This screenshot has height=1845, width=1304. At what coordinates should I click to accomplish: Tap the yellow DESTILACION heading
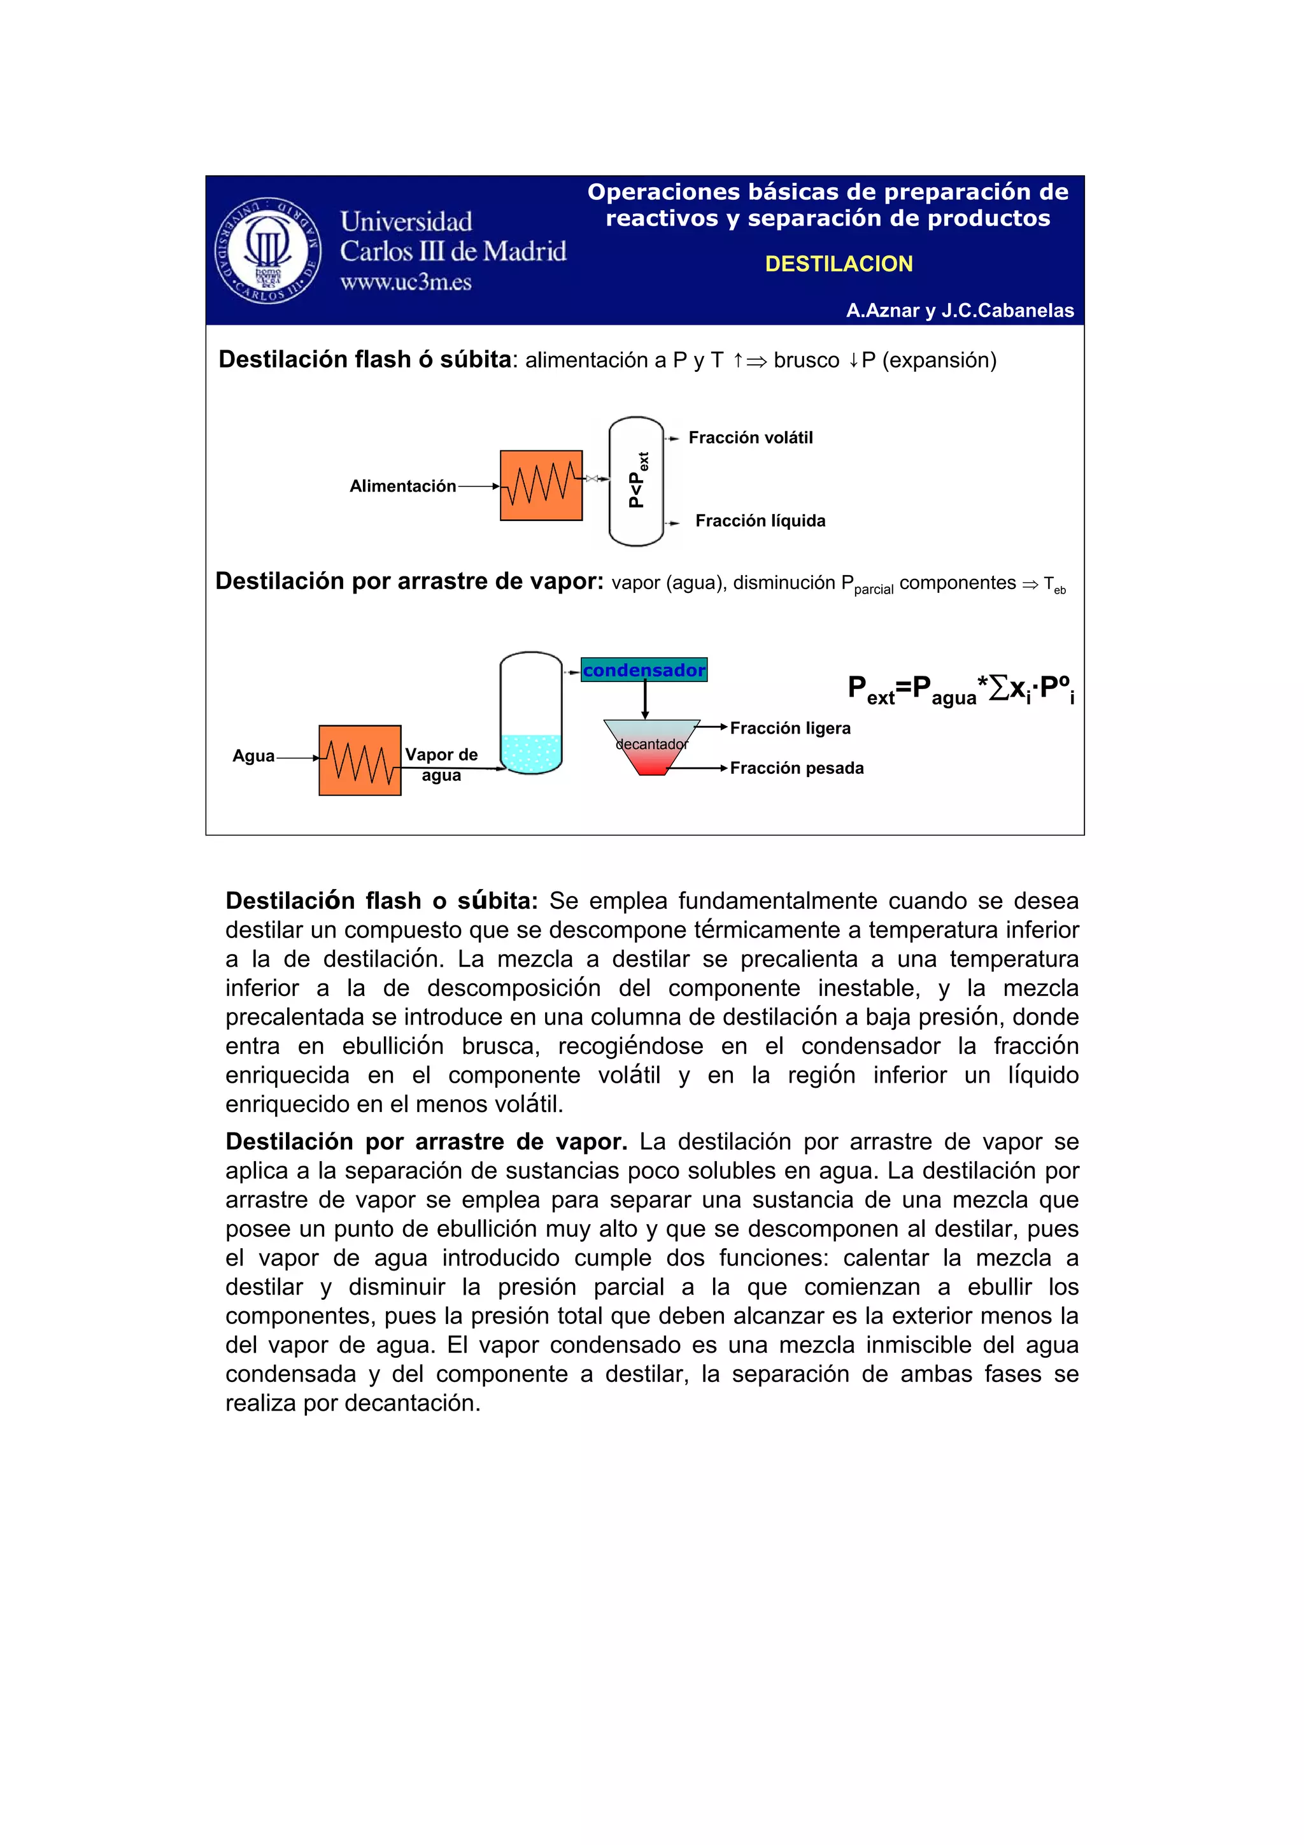click(x=838, y=264)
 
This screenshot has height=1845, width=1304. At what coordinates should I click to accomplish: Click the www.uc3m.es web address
click(x=406, y=282)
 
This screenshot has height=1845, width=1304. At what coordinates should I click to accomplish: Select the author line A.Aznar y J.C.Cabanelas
click(x=960, y=310)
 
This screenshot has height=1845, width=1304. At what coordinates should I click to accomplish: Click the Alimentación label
click(x=402, y=485)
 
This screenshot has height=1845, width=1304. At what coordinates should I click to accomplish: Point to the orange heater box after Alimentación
click(x=541, y=485)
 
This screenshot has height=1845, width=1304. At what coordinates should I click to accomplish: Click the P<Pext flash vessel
click(x=636, y=481)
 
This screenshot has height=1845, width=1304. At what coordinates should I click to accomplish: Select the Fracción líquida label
click(x=760, y=521)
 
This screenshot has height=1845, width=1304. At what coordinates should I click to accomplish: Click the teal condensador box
click(x=644, y=669)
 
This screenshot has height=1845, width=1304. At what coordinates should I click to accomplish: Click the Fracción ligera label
click(x=790, y=728)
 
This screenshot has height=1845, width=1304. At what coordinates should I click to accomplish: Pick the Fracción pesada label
click(x=797, y=768)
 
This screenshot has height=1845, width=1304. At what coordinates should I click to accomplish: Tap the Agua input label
click(x=253, y=755)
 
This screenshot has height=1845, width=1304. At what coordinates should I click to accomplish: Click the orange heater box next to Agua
click(x=359, y=760)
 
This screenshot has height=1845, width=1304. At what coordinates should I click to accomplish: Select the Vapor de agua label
click(x=441, y=764)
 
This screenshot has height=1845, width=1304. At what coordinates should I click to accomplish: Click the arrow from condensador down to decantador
click(x=644, y=700)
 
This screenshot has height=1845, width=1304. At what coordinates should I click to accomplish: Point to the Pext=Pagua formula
click(x=961, y=690)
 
